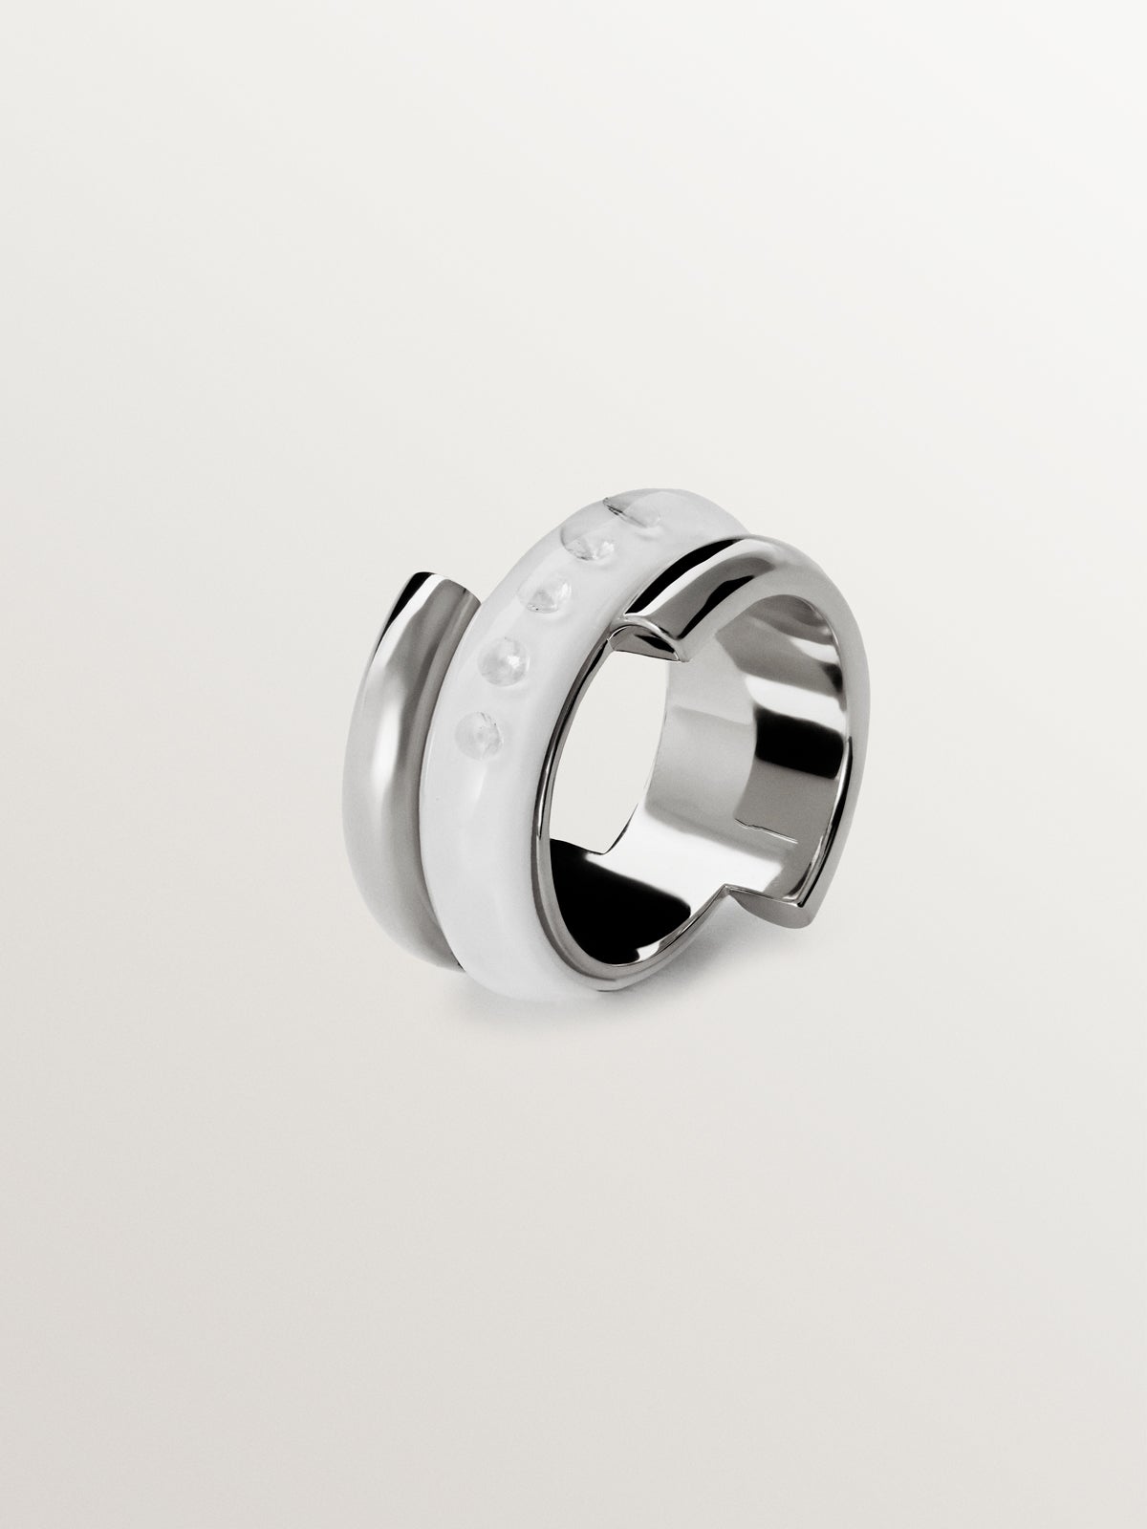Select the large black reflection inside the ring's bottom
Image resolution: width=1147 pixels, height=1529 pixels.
click(612, 917)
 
